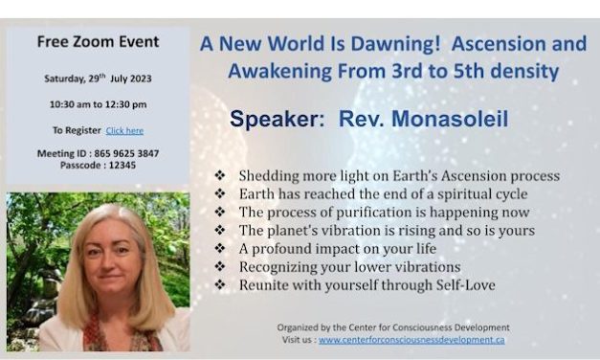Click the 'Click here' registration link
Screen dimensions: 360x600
124,129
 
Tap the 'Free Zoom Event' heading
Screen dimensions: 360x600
98,41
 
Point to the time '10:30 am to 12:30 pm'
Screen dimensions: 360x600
97,103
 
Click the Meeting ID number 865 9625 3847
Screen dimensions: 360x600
119,152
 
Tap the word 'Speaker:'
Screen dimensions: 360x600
277,119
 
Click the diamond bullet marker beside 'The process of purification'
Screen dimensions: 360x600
222,213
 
